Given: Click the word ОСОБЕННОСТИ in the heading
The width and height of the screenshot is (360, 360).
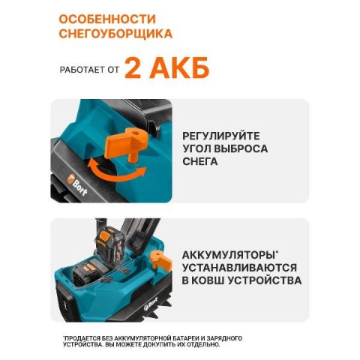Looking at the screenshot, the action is coord(107,19).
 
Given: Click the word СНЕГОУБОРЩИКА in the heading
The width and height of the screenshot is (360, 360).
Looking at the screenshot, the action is coord(115,34).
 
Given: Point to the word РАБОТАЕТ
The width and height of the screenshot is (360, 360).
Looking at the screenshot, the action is coord(81,70).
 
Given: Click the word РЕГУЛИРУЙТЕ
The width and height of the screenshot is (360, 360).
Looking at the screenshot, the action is coord(221,136).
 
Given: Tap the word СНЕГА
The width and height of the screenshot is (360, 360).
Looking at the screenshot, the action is coord(200,161).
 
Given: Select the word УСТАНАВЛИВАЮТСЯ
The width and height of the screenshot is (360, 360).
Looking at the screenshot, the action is coord(239,268).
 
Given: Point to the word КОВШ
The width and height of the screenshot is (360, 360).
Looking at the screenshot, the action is coord(211,280).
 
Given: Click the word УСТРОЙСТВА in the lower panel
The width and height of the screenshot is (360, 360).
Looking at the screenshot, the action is coord(265,280).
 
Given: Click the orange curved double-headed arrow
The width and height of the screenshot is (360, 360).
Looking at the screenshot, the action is coord(117,173).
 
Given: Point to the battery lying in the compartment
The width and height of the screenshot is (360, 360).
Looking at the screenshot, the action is coord(88,273).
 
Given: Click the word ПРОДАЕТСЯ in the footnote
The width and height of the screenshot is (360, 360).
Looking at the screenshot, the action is coord(81,338).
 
